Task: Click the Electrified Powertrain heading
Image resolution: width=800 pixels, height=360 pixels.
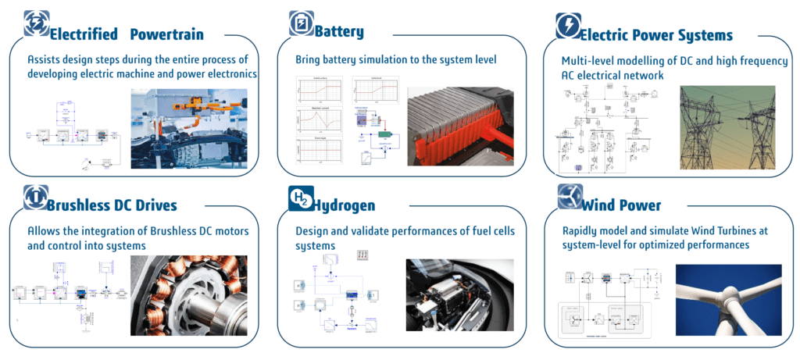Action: pos(126,34)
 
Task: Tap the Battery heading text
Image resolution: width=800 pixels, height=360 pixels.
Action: pos(339,32)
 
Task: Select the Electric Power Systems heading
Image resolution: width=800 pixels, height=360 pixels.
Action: pos(657,35)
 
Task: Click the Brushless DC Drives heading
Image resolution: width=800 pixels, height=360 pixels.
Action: pos(112,205)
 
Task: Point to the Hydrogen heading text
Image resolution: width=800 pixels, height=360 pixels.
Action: pos(345,205)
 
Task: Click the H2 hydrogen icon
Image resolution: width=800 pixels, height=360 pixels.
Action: pos(300,201)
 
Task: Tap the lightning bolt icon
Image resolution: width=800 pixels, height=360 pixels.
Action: pos(567,27)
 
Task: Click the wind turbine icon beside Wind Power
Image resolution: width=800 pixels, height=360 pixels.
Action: pos(570,198)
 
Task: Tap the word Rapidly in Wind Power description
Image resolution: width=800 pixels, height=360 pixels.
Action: pos(584,230)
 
